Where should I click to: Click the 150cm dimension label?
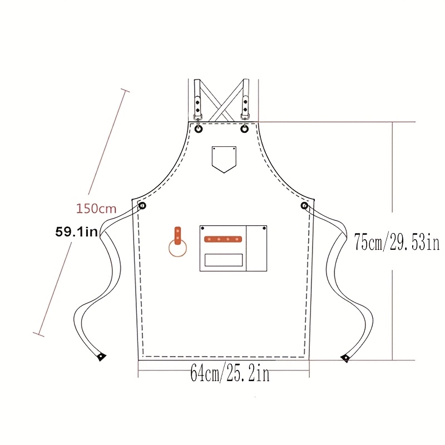(x=96, y=209)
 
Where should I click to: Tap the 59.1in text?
(x=77, y=232)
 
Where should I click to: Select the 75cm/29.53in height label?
(x=397, y=242)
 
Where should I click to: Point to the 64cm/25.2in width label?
(x=230, y=373)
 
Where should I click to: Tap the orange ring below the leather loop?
(x=177, y=248)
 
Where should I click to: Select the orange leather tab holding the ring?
(x=177, y=235)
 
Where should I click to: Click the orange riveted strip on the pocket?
(x=223, y=239)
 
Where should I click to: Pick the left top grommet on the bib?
(x=199, y=129)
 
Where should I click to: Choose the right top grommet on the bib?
(x=244, y=129)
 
